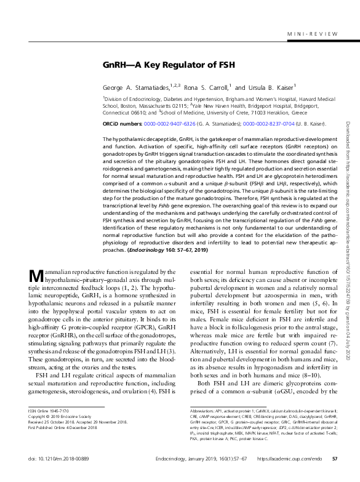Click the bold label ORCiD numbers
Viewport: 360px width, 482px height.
point(122,124)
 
